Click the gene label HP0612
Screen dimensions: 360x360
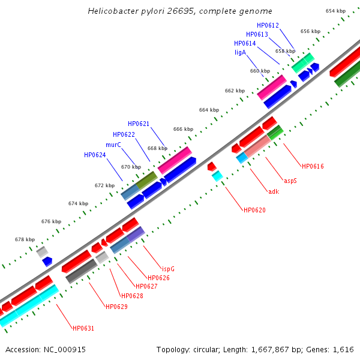[267, 25]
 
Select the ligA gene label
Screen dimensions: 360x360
[240, 52]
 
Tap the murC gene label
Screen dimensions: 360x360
[114, 145]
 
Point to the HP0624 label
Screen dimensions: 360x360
[95, 155]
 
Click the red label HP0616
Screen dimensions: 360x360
[313, 166]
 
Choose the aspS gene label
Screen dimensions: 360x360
[289, 180]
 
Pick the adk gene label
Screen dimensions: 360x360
[274, 191]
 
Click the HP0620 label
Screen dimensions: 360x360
[254, 210]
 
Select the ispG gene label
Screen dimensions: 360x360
[168, 268]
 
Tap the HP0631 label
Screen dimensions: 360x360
[83, 328]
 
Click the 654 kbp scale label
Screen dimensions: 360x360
[336, 11]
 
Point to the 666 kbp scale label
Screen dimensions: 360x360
[184, 129]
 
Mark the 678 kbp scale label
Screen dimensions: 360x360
[25, 239]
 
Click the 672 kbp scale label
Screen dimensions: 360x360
[105, 185]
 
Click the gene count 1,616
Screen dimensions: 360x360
[344, 349]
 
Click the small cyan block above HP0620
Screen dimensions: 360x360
[217, 176]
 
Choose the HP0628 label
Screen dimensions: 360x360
[132, 296]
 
